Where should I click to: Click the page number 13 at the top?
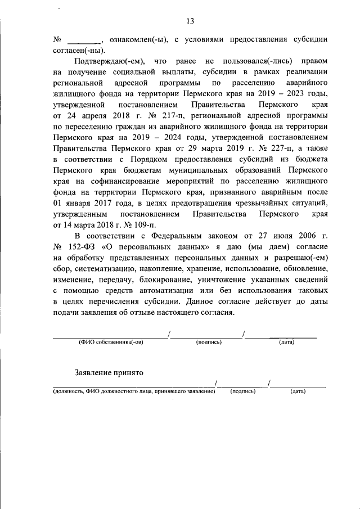click(x=190, y=21)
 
